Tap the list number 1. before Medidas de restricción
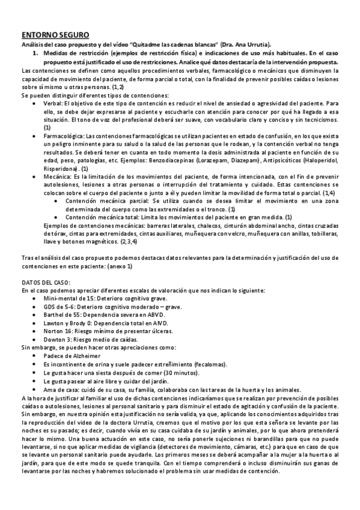tap(35, 53)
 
